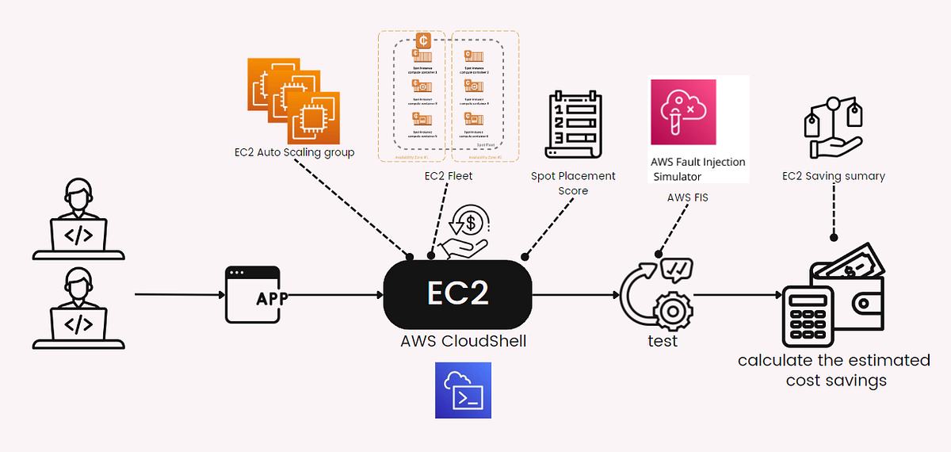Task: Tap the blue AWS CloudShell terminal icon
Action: point(463,390)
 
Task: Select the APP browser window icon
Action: point(253,294)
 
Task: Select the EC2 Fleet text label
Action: point(448,176)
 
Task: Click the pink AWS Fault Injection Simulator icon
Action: point(682,112)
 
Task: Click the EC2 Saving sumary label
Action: point(833,176)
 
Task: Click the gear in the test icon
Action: point(672,305)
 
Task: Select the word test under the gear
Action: point(663,342)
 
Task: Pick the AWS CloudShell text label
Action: point(464,342)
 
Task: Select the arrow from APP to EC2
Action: point(333,295)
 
